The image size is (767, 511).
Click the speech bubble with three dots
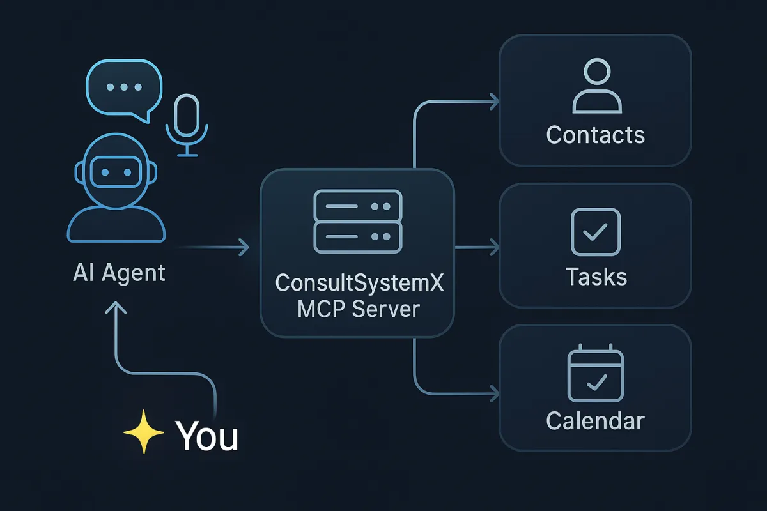(123, 88)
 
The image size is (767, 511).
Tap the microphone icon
(187, 125)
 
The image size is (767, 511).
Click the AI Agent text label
(119, 273)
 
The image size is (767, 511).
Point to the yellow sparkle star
(144, 433)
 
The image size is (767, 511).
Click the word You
(206, 436)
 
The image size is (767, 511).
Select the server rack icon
(357, 222)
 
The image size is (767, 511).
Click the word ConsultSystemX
(359, 282)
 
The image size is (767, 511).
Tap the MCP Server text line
(359, 309)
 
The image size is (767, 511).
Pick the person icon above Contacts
(596, 86)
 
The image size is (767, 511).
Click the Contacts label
(596, 135)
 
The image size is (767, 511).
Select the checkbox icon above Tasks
(595, 232)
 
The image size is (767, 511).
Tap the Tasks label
(596, 277)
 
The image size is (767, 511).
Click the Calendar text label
(596, 421)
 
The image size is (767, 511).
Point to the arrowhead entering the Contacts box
(493, 100)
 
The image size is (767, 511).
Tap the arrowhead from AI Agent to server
(243, 247)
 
